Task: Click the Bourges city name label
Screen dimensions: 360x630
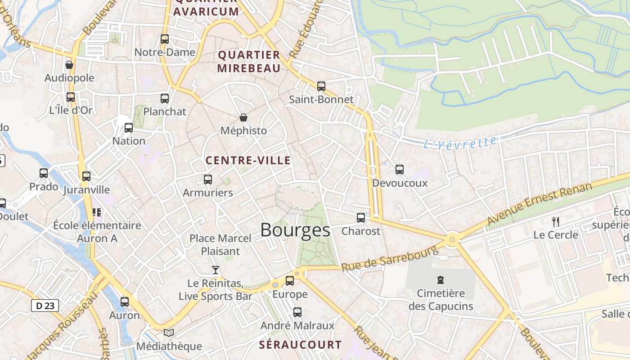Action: click(x=295, y=230)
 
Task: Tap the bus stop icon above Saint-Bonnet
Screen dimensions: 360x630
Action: click(x=321, y=86)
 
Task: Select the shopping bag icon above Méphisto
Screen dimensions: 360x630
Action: click(x=243, y=117)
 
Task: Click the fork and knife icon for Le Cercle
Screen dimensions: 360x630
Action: click(x=556, y=221)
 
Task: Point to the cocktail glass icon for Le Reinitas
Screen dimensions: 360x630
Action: click(x=216, y=270)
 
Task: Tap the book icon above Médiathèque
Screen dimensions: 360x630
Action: click(x=169, y=333)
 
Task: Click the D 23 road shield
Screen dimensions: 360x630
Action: click(x=45, y=306)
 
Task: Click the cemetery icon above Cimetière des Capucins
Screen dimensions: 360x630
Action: click(x=441, y=280)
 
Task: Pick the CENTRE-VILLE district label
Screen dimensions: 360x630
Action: click(x=248, y=160)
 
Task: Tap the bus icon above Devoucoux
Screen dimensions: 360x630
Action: click(x=400, y=170)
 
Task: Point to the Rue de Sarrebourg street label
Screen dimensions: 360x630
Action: click(x=389, y=257)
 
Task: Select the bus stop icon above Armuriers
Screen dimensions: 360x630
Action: click(x=207, y=180)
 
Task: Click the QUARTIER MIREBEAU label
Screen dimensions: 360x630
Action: click(x=249, y=62)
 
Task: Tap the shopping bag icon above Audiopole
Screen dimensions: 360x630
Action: click(x=69, y=65)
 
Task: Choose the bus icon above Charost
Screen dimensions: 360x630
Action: click(x=361, y=218)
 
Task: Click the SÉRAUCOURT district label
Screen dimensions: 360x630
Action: click(x=300, y=345)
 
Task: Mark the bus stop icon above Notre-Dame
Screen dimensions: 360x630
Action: click(x=165, y=39)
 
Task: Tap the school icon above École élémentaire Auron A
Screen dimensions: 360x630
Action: click(x=97, y=212)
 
